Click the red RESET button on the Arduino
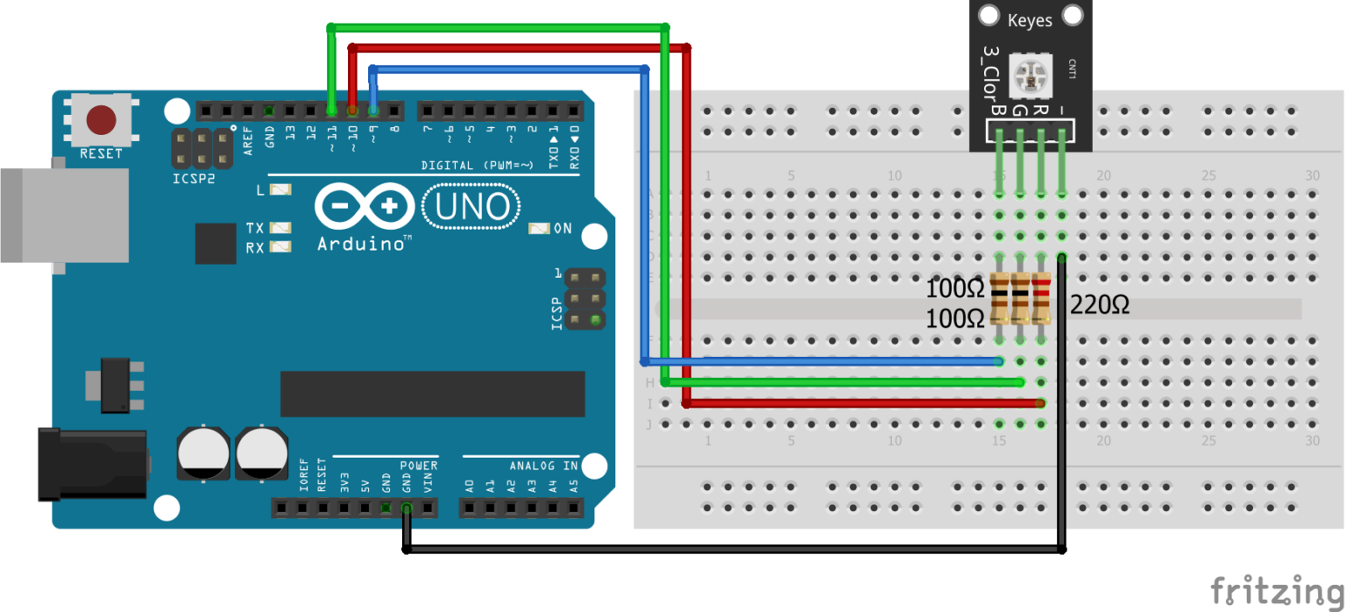[102, 120]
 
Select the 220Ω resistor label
[1100, 305]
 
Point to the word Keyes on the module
[1030, 19]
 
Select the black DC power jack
[91, 464]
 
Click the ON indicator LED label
[562, 229]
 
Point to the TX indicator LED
[280, 228]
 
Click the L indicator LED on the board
[280, 189]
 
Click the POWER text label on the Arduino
[419, 466]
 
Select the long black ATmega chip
[432, 394]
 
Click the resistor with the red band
[1041, 299]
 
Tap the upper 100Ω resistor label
[955, 288]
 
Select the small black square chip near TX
[216, 243]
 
